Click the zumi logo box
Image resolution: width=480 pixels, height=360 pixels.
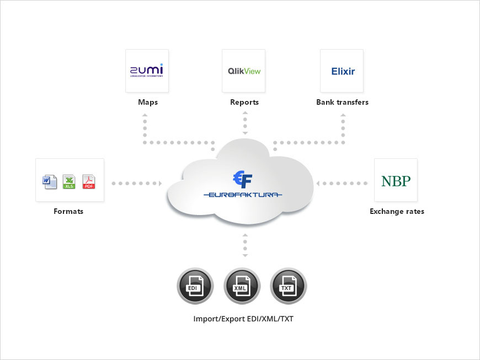click(x=147, y=71)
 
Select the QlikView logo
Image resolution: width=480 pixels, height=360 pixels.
click(x=244, y=71)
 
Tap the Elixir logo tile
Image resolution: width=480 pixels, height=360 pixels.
click(x=342, y=71)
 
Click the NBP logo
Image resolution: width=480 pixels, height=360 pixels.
click(x=396, y=180)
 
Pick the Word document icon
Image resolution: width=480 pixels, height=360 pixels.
click(x=50, y=181)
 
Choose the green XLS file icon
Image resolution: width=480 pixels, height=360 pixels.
click(x=69, y=181)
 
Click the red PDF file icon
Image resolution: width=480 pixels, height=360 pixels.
click(x=89, y=181)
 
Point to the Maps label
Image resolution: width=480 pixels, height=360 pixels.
click(x=147, y=103)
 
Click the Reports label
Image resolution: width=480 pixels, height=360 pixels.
click(x=244, y=103)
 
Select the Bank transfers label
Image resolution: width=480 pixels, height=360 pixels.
click(x=342, y=103)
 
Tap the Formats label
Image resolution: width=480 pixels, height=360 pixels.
click(x=68, y=211)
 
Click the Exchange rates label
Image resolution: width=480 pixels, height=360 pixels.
click(x=397, y=211)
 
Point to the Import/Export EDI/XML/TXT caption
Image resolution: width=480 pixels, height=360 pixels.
click(x=243, y=319)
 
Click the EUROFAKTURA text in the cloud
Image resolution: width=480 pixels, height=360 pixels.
click(x=243, y=195)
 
